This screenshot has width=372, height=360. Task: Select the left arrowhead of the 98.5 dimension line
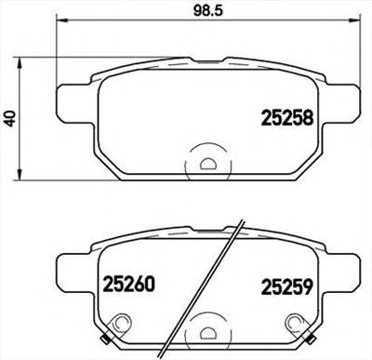click(x=60, y=21)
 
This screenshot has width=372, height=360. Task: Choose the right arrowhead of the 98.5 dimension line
click(x=353, y=21)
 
